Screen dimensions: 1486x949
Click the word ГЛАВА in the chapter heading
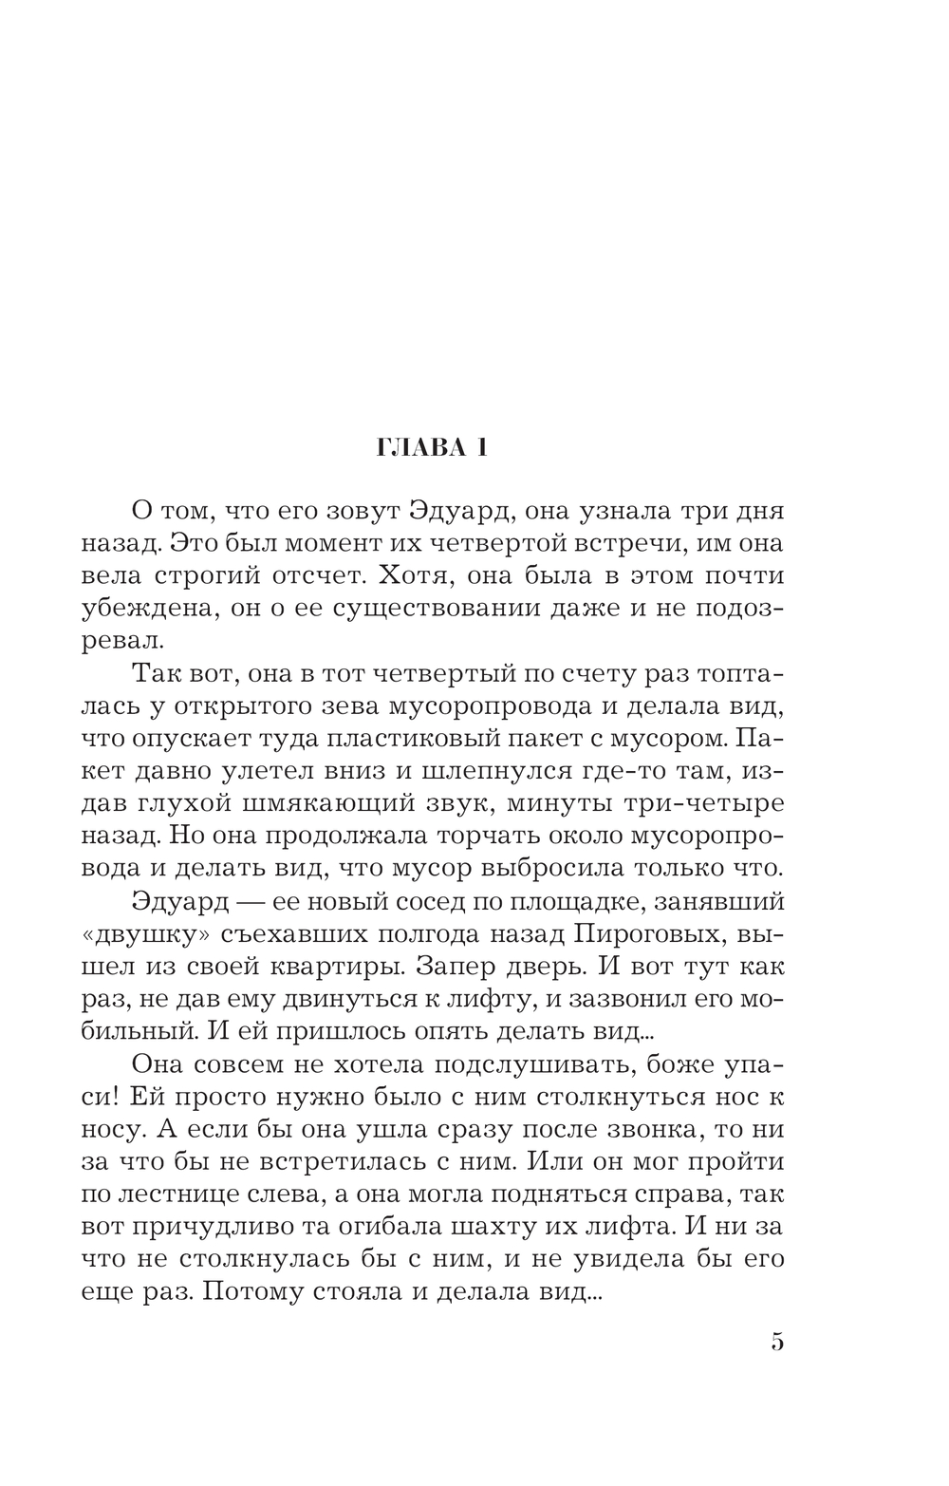tap(411, 448)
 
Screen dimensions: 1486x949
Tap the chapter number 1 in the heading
tap(482, 448)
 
